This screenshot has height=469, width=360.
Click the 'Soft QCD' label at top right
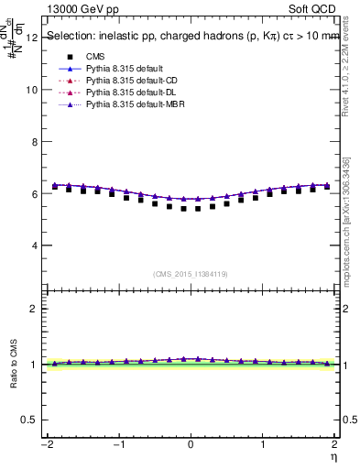[316, 8]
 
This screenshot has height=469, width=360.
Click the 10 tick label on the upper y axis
[32, 90]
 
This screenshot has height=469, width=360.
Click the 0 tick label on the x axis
[191, 444]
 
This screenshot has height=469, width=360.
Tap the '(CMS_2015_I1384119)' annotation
[191, 274]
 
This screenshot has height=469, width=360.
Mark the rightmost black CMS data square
[327, 186]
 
